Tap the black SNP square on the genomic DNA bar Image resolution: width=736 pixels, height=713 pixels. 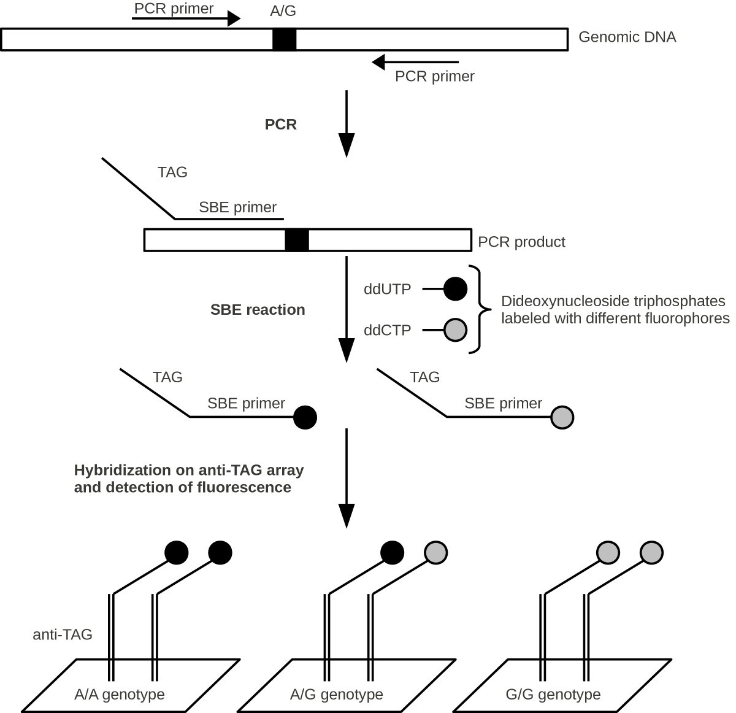pyautogui.click(x=285, y=39)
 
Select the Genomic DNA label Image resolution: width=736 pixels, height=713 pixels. pyautogui.click(x=627, y=37)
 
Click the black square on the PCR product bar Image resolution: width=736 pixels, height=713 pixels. pyautogui.click(x=297, y=240)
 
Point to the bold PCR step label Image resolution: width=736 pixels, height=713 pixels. pyautogui.click(x=281, y=125)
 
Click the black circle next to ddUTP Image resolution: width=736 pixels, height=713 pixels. pyautogui.click(x=454, y=289)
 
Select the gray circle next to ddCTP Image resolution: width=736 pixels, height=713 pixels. pyautogui.click(x=454, y=330)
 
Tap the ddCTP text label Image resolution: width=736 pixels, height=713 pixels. pyautogui.click(x=387, y=330)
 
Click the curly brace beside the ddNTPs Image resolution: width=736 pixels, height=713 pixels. pyautogui.click(x=480, y=309)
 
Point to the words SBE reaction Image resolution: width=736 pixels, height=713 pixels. pyautogui.click(x=258, y=310)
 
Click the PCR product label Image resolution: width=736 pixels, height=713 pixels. pyautogui.click(x=521, y=242)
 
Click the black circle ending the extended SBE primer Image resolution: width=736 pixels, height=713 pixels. pyautogui.click(x=305, y=417)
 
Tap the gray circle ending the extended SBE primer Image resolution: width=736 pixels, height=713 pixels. pyautogui.click(x=562, y=417)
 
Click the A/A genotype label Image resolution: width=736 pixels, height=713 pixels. pyautogui.click(x=120, y=695)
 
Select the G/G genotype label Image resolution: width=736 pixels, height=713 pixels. pyautogui.click(x=553, y=695)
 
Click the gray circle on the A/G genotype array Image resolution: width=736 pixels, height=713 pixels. pyautogui.click(x=435, y=552)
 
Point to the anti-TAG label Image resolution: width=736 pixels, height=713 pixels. pyautogui.click(x=62, y=634)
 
